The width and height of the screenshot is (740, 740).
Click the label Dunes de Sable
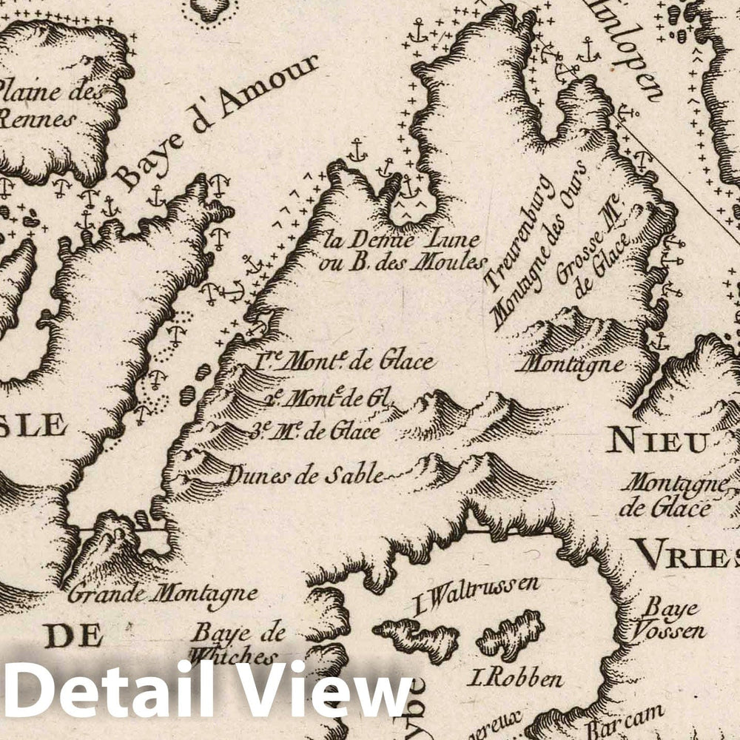[x=305, y=475]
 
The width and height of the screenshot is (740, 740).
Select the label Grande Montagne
[x=162, y=593]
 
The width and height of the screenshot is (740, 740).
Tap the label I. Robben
[x=515, y=678]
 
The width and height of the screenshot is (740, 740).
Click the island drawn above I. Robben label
[x=511, y=634]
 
